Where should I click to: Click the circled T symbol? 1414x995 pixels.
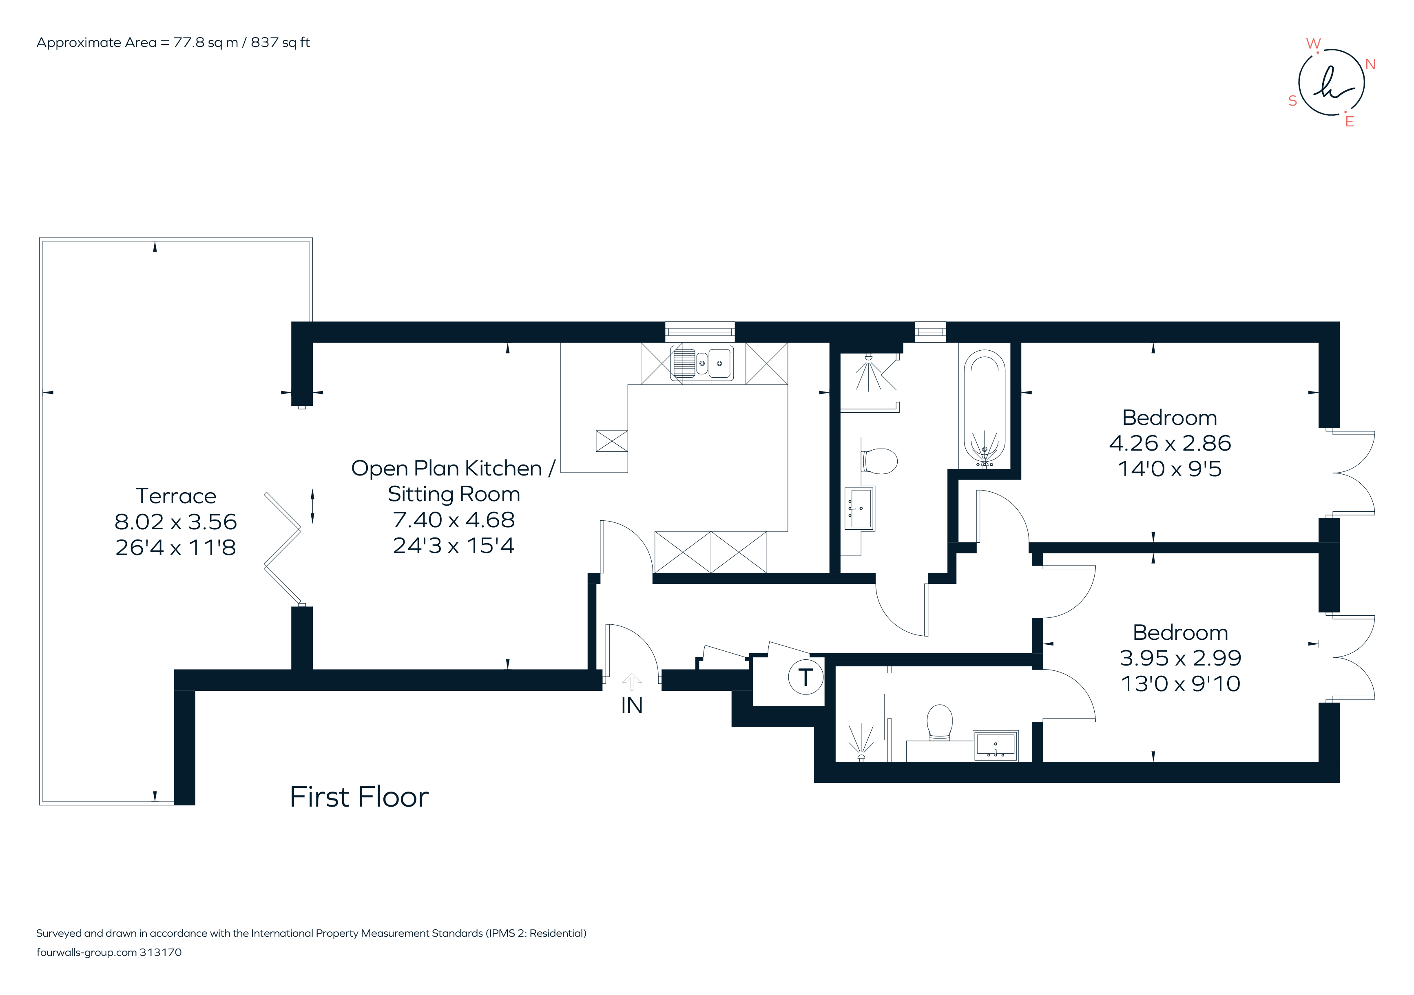pos(805,677)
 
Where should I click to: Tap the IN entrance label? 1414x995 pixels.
pos(632,705)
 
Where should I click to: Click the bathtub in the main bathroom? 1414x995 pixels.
pos(984,408)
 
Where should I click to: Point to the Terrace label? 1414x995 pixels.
pos(176,495)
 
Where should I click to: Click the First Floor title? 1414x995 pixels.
pos(359,797)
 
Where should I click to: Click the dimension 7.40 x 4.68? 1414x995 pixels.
pos(454,520)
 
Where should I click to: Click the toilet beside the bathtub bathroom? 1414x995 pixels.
pos(879,460)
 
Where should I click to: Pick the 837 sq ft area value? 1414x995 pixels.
pos(280,42)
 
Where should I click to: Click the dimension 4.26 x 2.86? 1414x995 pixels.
pos(1170,443)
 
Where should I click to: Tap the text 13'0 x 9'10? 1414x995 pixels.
pos(1180,683)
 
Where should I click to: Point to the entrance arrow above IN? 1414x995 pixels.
pos(632,681)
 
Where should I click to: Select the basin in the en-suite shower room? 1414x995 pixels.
pos(995,745)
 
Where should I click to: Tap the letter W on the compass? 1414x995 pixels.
pos(1313,44)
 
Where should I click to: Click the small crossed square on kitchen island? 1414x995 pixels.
pos(611,441)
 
